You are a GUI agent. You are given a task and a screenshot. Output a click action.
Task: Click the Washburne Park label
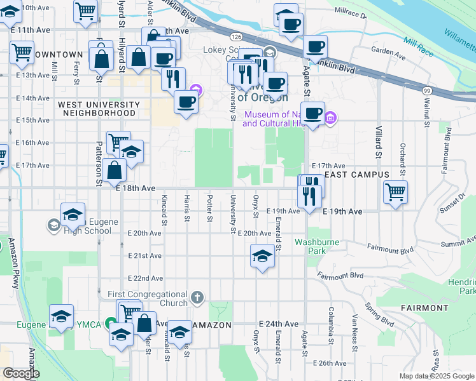coord(316,246)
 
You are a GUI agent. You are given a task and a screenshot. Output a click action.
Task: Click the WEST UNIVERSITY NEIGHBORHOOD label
coord(98,109)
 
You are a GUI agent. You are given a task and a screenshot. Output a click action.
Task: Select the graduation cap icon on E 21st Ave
coord(262,257)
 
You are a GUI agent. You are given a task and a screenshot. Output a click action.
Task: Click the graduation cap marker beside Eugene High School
coord(73,214)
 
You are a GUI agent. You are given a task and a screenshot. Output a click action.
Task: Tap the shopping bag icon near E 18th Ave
coord(115,170)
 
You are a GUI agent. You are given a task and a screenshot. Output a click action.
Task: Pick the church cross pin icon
coord(198,297)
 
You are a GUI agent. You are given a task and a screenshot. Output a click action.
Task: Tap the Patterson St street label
coord(99,164)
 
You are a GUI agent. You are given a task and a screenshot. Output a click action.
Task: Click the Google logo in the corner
coord(22,373)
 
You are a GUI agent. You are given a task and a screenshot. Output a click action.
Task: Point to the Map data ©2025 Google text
coord(437,376)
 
